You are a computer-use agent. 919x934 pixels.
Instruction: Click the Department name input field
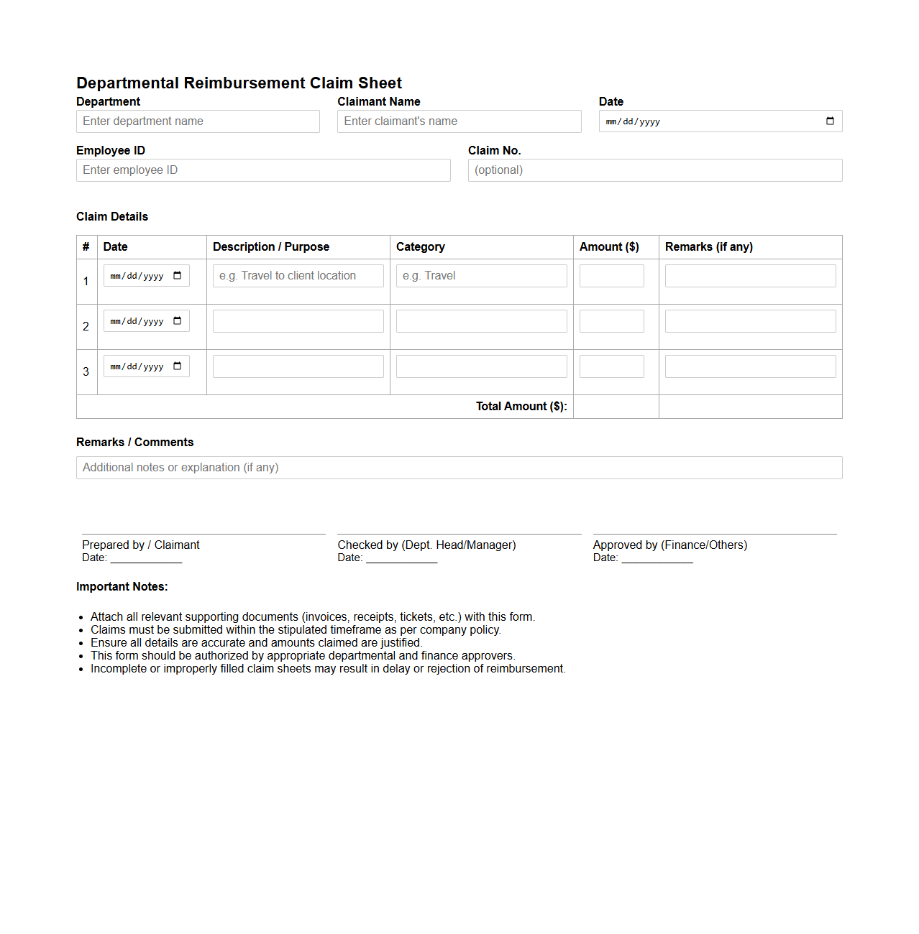click(198, 121)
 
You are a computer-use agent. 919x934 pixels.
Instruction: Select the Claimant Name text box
click(459, 121)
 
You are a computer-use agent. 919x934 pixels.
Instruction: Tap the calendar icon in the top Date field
click(830, 121)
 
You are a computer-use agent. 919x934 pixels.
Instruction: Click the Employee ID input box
click(263, 170)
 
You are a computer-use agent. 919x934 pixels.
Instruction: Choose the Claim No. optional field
click(654, 170)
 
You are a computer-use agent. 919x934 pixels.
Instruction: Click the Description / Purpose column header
click(271, 247)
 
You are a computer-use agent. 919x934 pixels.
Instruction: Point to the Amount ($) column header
click(609, 247)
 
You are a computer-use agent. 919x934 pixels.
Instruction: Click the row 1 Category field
click(481, 276)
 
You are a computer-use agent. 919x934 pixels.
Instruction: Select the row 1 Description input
click(298, 276)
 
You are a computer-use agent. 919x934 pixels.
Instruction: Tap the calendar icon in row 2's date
click(178, 321)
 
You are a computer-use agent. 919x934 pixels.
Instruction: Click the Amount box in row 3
click(611, 366)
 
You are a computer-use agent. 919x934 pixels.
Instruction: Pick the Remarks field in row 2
click(750, 321)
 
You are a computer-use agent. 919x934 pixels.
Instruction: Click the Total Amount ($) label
click(521, 407)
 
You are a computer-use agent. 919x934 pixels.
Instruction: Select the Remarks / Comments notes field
click(459, 468)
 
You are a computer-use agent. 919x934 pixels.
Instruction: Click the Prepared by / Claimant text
click(141, 545)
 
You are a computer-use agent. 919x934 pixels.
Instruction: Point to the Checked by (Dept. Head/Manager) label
click(426, 545)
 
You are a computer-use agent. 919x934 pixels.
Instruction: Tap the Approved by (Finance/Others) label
click(669, 545)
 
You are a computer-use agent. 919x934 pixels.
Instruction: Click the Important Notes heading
click(122, 587)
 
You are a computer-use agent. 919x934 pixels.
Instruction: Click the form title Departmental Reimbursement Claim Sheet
click(239, 83)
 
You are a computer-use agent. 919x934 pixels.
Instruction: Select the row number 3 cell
click(86, 372)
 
